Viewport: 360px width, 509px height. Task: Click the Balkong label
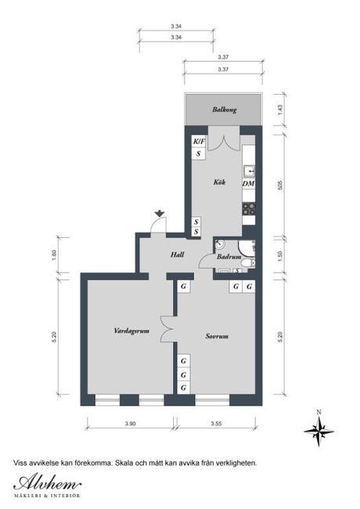point(224,110)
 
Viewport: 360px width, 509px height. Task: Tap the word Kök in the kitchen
point(219,182)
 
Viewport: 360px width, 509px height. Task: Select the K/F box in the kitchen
point(199,141)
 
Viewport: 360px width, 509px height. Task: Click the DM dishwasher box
point(248,183)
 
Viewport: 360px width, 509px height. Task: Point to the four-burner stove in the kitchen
point(249,208)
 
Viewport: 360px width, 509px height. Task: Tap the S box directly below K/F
point(199,153)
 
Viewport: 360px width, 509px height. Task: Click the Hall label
point(177,254)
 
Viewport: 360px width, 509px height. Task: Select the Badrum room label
point(228,256)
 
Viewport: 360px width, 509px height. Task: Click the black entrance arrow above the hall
point(159,213)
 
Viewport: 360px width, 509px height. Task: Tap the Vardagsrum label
point(130,331)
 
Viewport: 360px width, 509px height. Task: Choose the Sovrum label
point(216,337)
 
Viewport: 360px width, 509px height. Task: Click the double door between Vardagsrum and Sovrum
point(165,329)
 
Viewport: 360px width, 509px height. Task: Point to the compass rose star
point(319,428)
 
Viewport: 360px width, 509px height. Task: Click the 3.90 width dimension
point(130,424)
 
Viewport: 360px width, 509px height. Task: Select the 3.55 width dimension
point(216,424)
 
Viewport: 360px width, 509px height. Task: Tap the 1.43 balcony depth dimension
point(279,110)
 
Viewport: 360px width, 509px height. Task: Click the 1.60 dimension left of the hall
point(54,254)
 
